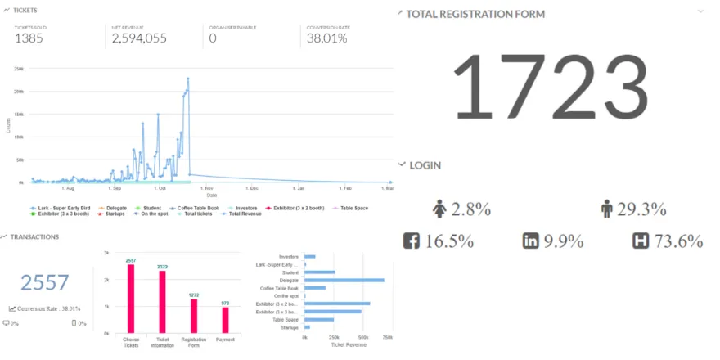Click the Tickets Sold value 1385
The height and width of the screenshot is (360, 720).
[x=29, y=38]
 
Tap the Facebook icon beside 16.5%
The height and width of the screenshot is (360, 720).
[x=412, y=241]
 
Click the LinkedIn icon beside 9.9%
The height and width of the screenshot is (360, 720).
[x=531, y=241]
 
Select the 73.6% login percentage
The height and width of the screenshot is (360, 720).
[x=679, y=241]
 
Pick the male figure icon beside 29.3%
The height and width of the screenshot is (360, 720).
[x=606, y=209]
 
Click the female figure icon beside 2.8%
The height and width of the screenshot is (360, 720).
[x=439, y=209]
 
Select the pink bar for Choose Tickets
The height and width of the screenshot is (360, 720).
[x=131, y=299]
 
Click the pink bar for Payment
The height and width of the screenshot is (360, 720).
[x=225, y=320]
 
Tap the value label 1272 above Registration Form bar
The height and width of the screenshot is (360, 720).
[x=193, y=295]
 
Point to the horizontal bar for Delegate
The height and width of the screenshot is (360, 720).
[x=344, y=280]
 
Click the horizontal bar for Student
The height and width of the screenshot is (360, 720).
[x=320, y=272]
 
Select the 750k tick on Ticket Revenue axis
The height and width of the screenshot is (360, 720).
[x=387, y=337]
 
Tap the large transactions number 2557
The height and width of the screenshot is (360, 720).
[x=45, y=283]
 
